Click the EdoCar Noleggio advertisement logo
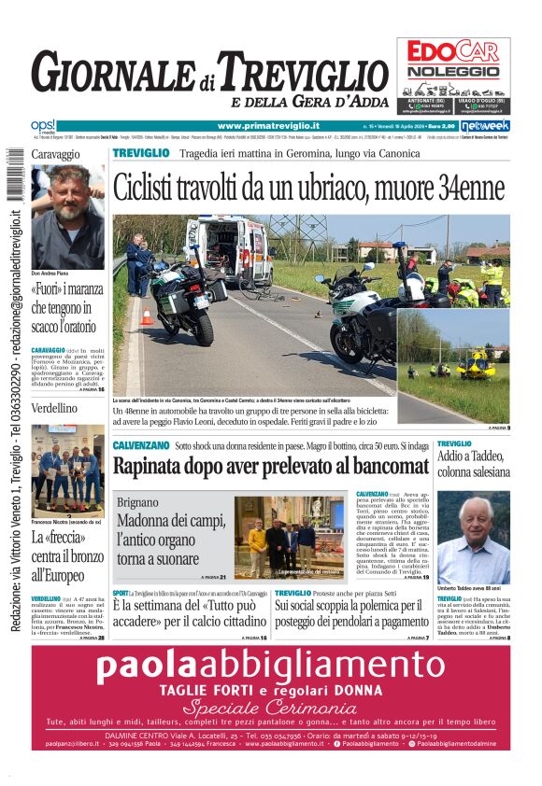point(453,59)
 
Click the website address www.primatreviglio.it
point(268,126)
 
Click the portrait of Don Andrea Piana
point(67,217)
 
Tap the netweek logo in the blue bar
point(484,126)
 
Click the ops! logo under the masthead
point(43,125)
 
